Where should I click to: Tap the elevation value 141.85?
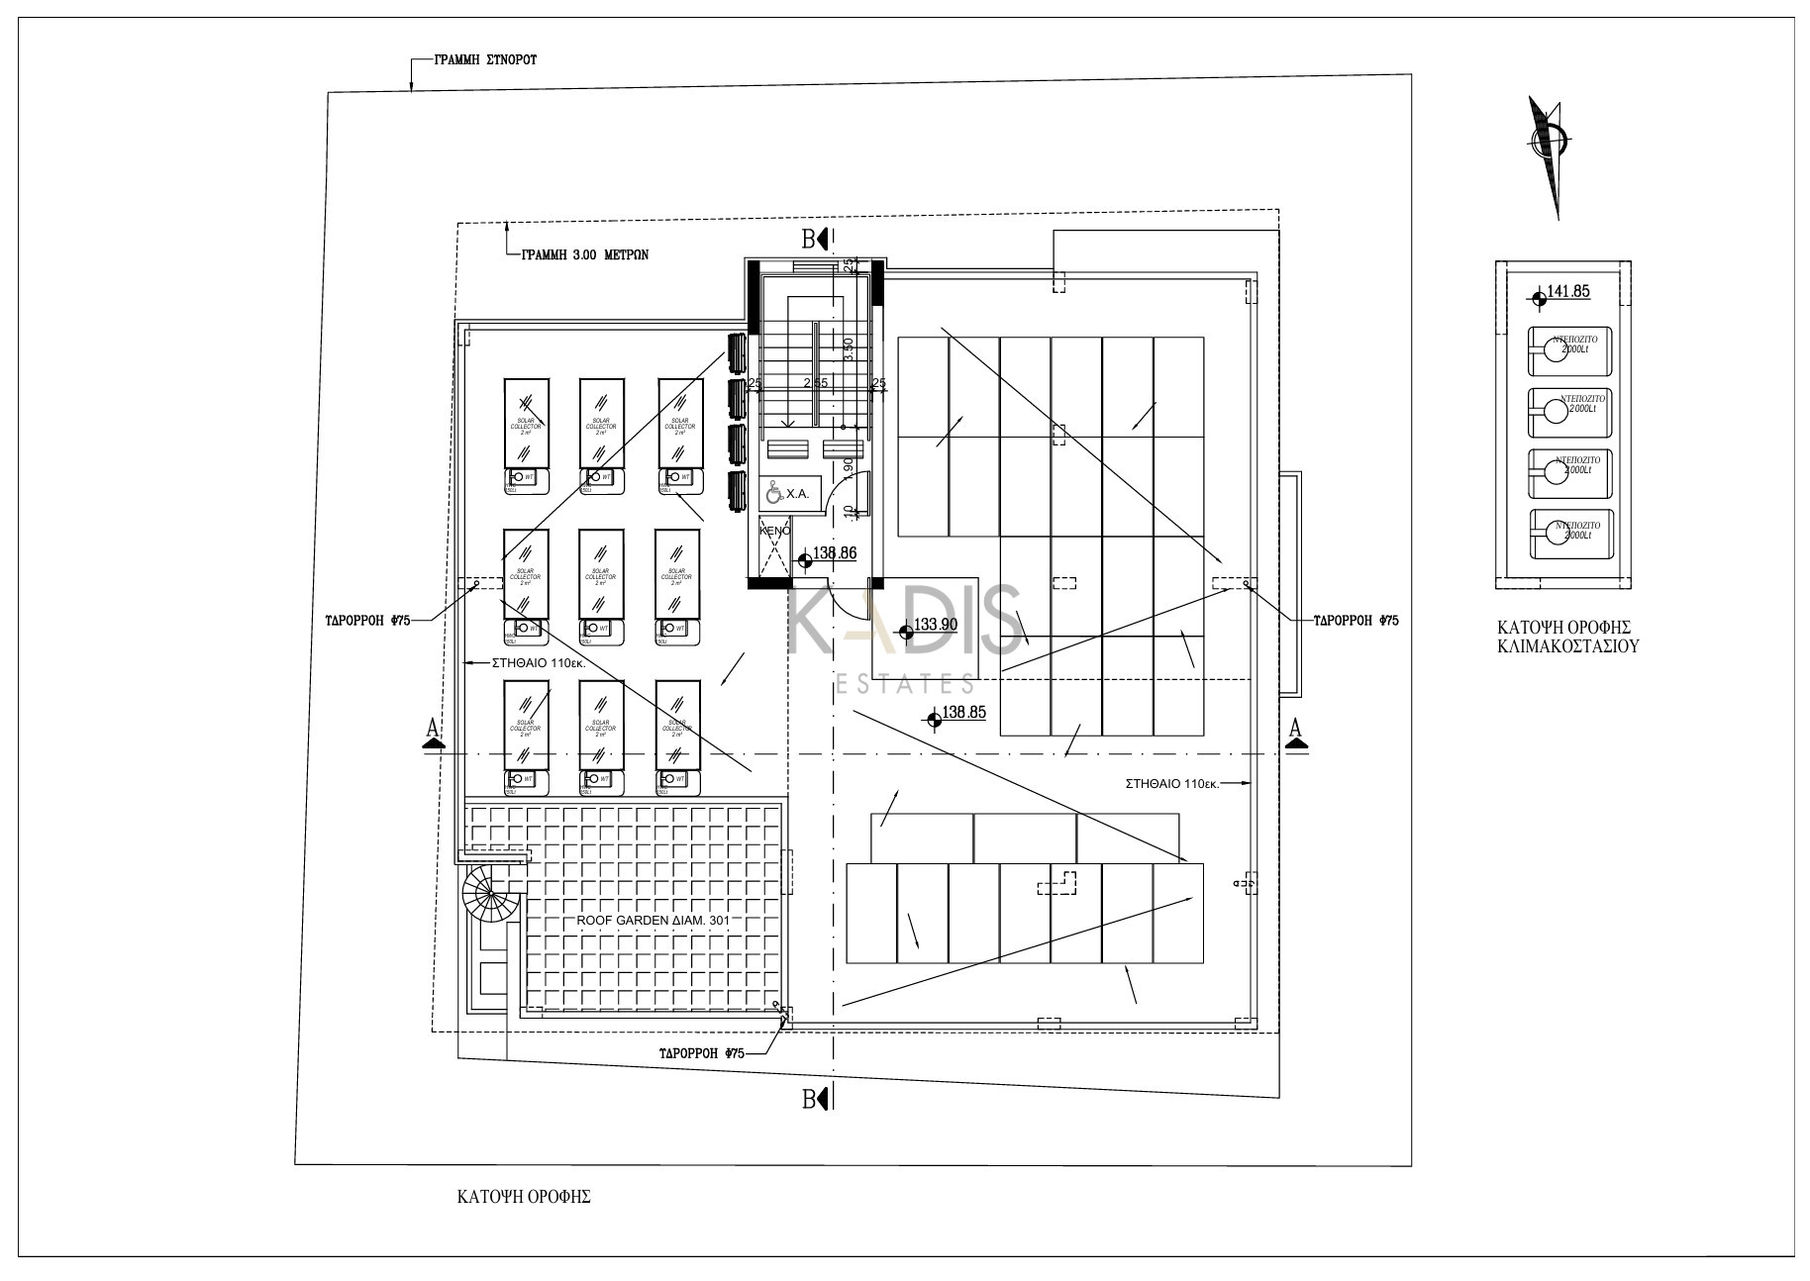click(x=1567, y=292)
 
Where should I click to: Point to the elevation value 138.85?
click(x=963, y=712)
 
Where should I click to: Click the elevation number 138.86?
click(x=834, y=553)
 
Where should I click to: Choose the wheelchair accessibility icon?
click(x=772, y=493)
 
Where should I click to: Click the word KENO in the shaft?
click(x=774, y=531)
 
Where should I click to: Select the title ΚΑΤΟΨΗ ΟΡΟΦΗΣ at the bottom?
click(x=524, y=1196)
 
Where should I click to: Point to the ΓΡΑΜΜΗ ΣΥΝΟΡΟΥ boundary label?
click(x=485, y=59)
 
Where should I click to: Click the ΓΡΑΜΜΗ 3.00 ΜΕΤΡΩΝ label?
click(x=585, y=253)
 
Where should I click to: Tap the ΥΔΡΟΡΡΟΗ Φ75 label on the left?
click(x=367, y=621)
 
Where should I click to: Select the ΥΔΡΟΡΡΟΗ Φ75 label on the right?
click(x=1356, y=621)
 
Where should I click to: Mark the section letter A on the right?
click(x=1294, y=729)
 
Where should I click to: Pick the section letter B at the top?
click(x=809, y=239)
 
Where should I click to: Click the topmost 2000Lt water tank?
click(x=1569, y=351)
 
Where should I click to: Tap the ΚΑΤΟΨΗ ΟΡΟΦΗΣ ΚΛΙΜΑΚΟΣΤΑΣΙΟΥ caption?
click(x=1564, y=637)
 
